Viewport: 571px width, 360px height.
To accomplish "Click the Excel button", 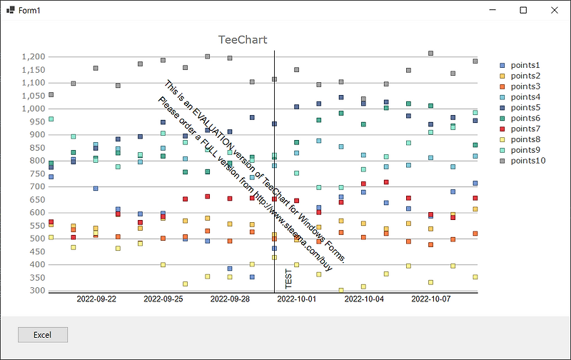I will [43, 334].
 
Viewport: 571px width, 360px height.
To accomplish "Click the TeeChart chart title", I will [242, 40].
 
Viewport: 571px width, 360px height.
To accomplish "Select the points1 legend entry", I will [525, 65].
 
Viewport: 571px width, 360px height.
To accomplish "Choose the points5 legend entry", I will [525, 107].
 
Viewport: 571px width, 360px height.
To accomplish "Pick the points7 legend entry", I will [525, 129].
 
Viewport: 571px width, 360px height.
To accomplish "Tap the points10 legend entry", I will [527, 161].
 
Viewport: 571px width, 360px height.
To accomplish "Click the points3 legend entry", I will [525, 86].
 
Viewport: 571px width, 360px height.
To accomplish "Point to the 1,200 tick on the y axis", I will [34, 56].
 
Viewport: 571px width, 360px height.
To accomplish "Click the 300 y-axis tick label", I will [37, 291].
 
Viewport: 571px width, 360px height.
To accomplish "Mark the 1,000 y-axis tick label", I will [34, 109].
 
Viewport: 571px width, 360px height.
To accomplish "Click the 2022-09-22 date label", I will [96, 299].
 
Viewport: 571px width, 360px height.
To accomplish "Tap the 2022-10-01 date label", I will [296, 299].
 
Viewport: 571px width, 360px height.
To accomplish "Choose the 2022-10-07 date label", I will [430, 299].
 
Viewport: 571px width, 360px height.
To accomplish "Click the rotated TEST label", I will [288, 279].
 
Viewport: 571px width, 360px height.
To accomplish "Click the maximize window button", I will [523, 10].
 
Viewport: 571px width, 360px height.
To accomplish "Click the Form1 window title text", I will [29, 10].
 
